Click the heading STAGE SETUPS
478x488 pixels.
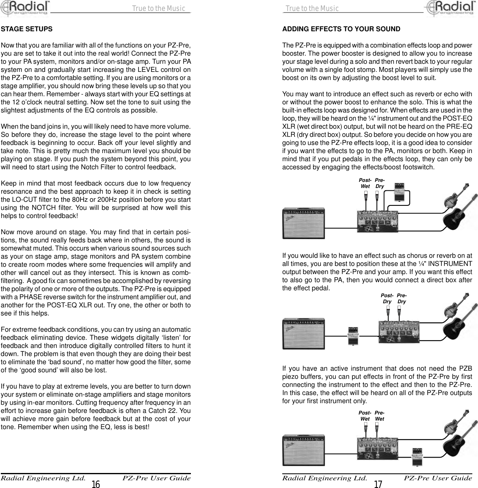tap(26, 29)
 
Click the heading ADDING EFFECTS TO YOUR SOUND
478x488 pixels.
tap(341, 29)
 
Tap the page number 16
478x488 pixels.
tap(96, 484)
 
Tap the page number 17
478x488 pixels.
tap(378, 484)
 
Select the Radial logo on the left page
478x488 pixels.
tap(24, 9)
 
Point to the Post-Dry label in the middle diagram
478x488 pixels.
tap(387, 299)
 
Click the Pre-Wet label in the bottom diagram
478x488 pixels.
tap(380, 416)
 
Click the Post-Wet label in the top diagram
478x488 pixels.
tap(365, 183)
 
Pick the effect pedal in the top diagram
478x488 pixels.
tap(400, 192)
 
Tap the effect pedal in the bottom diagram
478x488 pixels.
tap(418, 456)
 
